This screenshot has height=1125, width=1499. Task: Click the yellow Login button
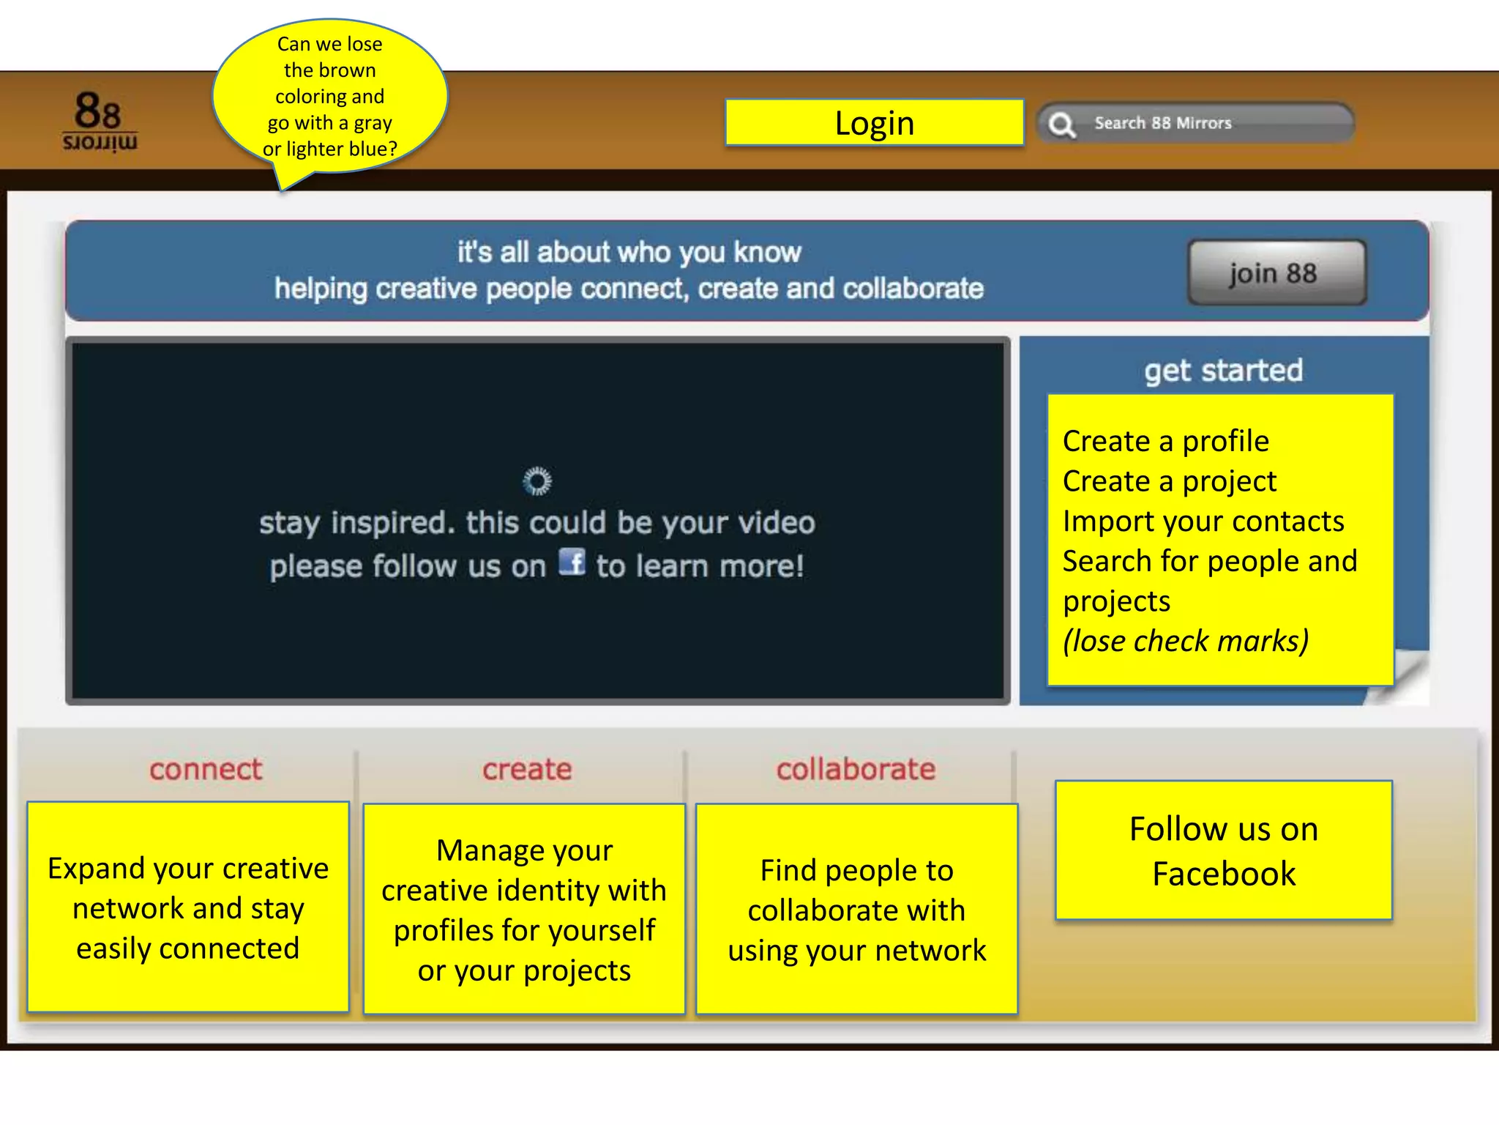click(874, 123)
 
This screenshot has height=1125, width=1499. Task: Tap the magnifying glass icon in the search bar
click(1061, 125)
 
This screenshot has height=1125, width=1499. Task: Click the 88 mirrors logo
click(100, 122)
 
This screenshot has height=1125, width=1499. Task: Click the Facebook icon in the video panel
click(572, 562)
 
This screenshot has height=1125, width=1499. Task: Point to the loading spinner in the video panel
click(537, 481)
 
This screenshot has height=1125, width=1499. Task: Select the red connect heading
click(206, 769)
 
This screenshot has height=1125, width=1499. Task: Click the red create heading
click(527, 769)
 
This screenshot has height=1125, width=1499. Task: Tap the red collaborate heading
click(856, 769)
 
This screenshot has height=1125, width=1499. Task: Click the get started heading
click(1223, 371)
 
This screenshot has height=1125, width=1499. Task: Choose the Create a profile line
click(1165, 441)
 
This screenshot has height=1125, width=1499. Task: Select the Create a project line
click(1169, 481)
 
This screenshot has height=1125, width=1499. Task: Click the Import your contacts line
click(1203, 521)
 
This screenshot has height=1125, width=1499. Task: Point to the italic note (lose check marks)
click(1185, 641)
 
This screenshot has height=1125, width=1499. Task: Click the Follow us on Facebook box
click(1223, 850)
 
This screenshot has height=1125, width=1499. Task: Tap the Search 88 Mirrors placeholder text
click(1162, 123)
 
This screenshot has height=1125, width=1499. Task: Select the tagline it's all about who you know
click(629, 253)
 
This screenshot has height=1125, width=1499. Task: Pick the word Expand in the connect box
click(95, 869)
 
